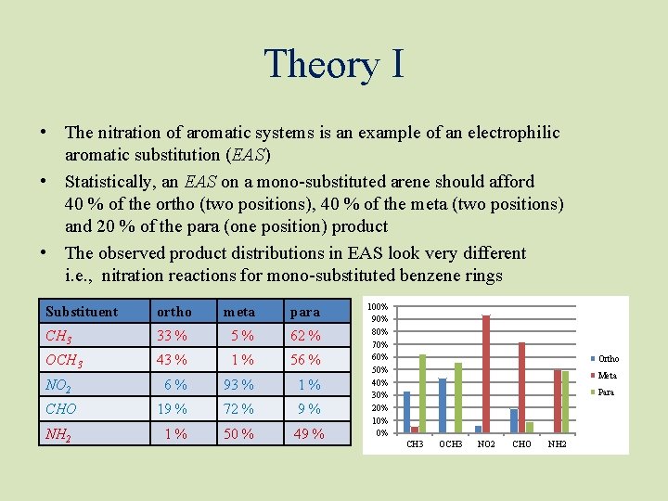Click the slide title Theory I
(x=334, y=64)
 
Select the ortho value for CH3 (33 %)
(x=172, y=336)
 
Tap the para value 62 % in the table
(x=304, y=336)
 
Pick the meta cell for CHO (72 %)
(x=238, y=409)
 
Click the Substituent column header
(x=82, y=312)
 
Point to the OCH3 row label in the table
(x=65, y=360)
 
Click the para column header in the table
(x=305, y=312)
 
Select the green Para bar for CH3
(x=422, y=394)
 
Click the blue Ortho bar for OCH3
(x=443, y=406)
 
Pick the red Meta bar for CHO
(x=521, y=388)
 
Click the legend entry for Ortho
(x=605, y=359)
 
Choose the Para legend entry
(x=604, y=392)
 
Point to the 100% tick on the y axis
(x=379, y=306)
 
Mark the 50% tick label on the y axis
(x=380, y=370)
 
